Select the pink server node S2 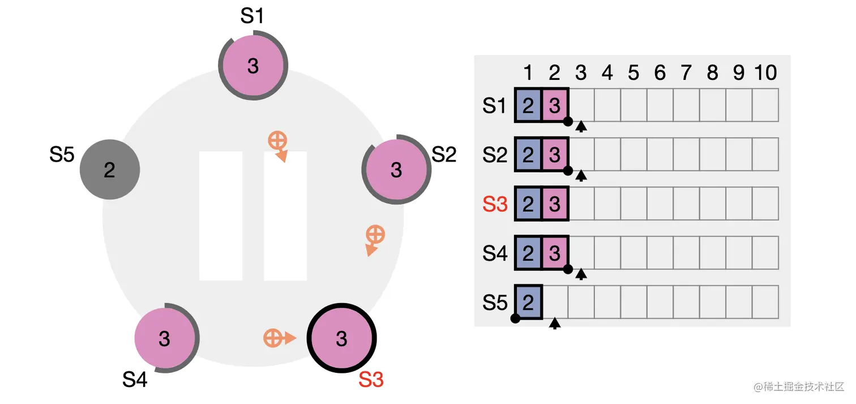tap(396, 169)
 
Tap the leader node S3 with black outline tap(341, 338)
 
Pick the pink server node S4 tap(164, 338)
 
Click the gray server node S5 tap(109, 169)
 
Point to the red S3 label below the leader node tap(371, 380)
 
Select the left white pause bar tap(221, 216)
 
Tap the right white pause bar tap(285, 216)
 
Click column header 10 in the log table tap(765, 73)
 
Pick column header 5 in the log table tap(634, 73)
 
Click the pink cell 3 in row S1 tap(555, 105)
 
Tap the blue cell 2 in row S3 tap(528, 204)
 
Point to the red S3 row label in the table tap(495, 204)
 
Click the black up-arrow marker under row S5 tap(555, 324)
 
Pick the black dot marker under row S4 tap(568, 270)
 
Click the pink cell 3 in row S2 tap(555, 155)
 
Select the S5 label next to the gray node tap(62, 155)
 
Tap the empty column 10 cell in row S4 tap(765, 253)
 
